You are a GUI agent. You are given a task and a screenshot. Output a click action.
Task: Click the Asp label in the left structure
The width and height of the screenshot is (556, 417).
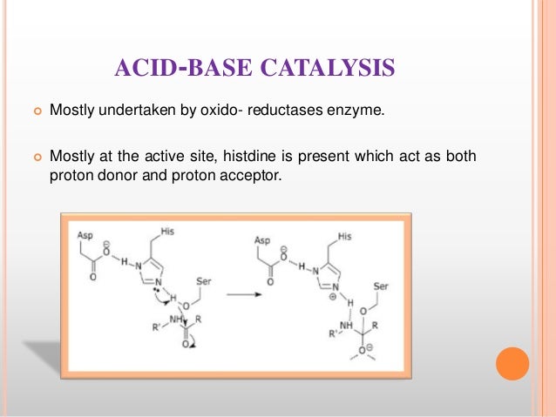85,236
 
